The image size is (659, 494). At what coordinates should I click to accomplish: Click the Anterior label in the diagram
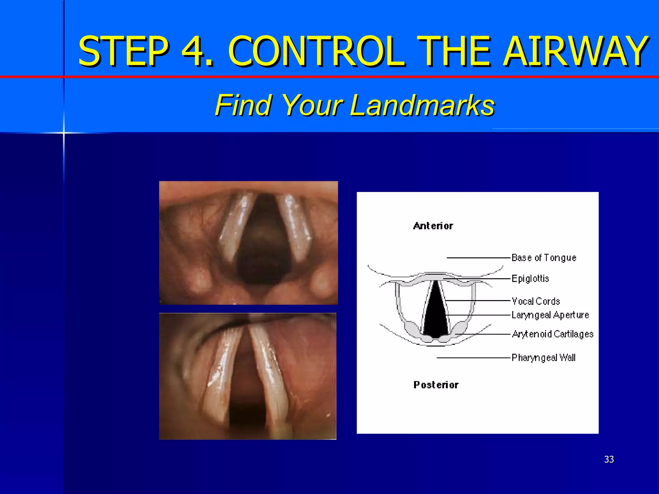click(x=433, y=226)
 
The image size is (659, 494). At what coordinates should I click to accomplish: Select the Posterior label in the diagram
click(x=436, y=385)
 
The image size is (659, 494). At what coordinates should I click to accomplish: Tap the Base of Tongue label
click(x=543, y=258)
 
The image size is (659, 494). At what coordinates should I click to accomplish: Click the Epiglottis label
click(x=530, y=279)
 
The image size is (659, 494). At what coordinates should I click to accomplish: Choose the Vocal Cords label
click(x=536, y=301)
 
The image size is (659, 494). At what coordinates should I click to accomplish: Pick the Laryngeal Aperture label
click(x=550, y=315)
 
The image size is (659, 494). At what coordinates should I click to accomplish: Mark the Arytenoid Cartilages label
click(x=552, y=334)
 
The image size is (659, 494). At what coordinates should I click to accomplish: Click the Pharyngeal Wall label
click(x=543, y=358)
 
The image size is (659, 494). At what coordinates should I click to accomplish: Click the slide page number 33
click(x=609, y=459)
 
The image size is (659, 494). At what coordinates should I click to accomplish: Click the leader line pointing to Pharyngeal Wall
click(x=473, y=358)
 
